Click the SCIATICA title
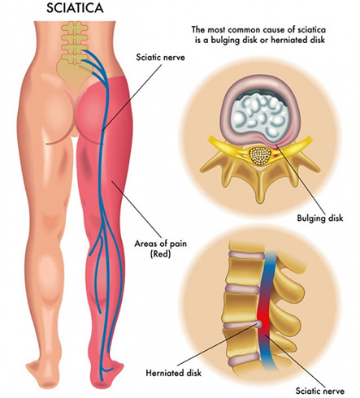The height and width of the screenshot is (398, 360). click(75, 8)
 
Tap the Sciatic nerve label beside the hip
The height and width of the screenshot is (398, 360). click(160, 58)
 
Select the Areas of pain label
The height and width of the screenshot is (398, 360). click(161, 244)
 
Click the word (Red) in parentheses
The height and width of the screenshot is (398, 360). click(160, 254)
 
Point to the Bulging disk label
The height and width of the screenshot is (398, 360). click(320, 218)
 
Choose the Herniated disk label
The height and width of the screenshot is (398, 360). click(174, 373)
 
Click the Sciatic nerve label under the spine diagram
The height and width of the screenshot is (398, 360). click(320, 391)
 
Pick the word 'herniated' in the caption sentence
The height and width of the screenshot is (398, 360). click(293, 40)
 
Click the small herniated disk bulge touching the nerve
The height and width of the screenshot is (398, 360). click(259, 324)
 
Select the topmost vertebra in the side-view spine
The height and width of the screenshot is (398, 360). click(245, 245)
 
